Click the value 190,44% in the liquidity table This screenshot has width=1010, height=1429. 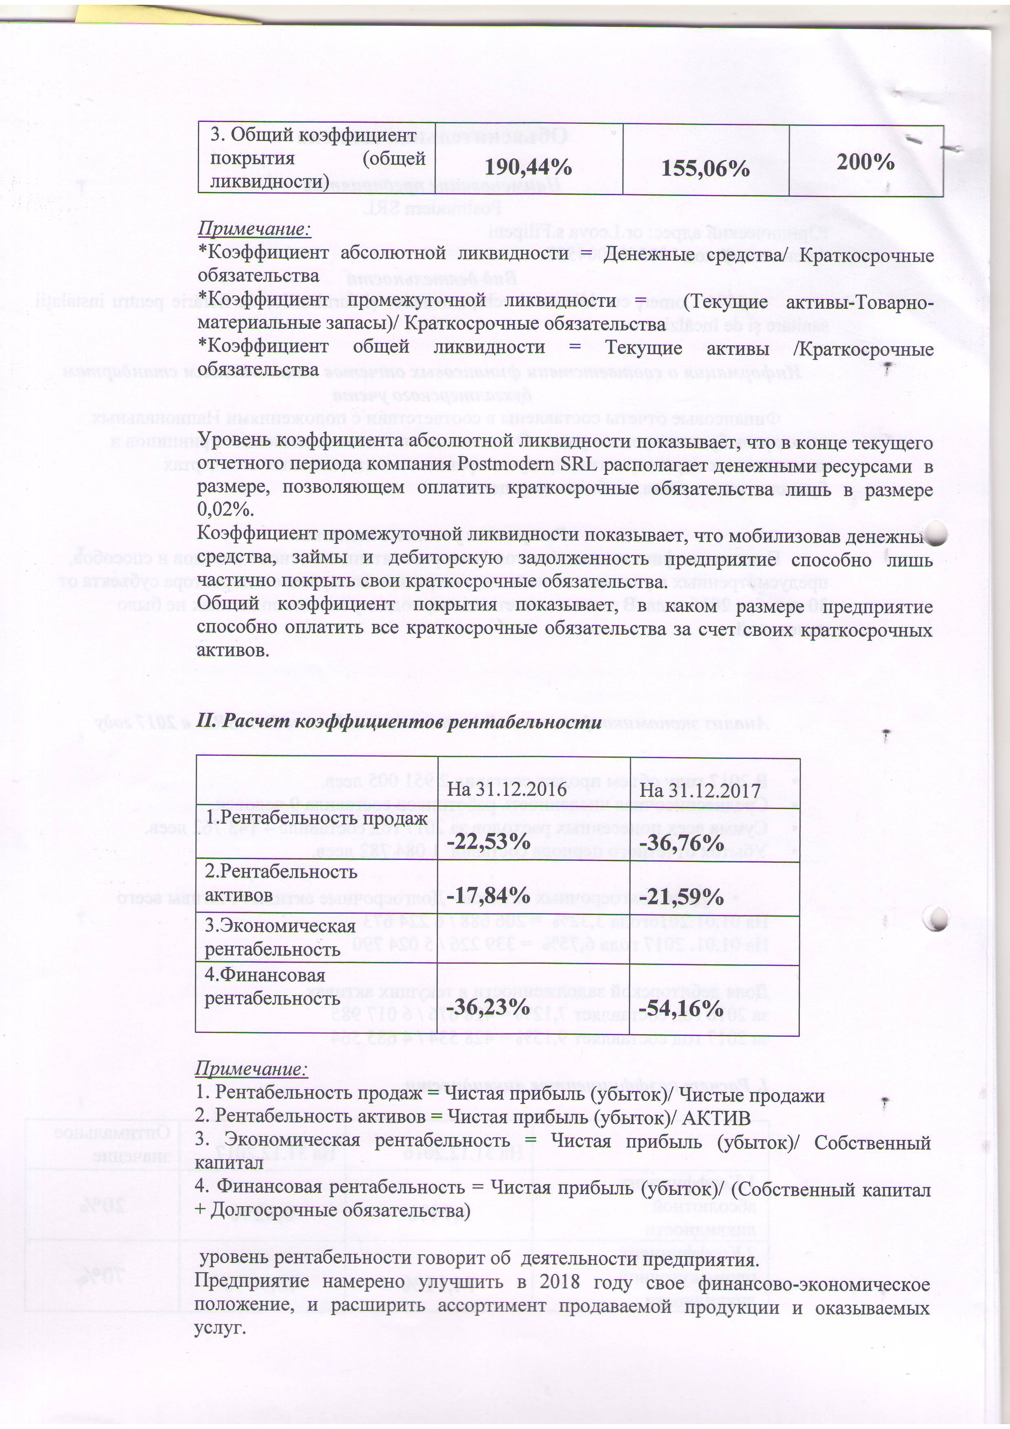pyautogui.click(x=528, y=167)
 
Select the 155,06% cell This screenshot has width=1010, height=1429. pyautogui.click(x=705, y=168)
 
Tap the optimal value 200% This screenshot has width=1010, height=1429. pyautogui.click(x=865, y=162)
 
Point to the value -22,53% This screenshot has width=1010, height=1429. pyautogui.click(x=489, y=842)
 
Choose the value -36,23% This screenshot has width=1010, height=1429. pyautogui.click(x=489, y=1007)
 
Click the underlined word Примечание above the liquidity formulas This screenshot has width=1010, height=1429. pyautogui.click(x=254, y=229)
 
